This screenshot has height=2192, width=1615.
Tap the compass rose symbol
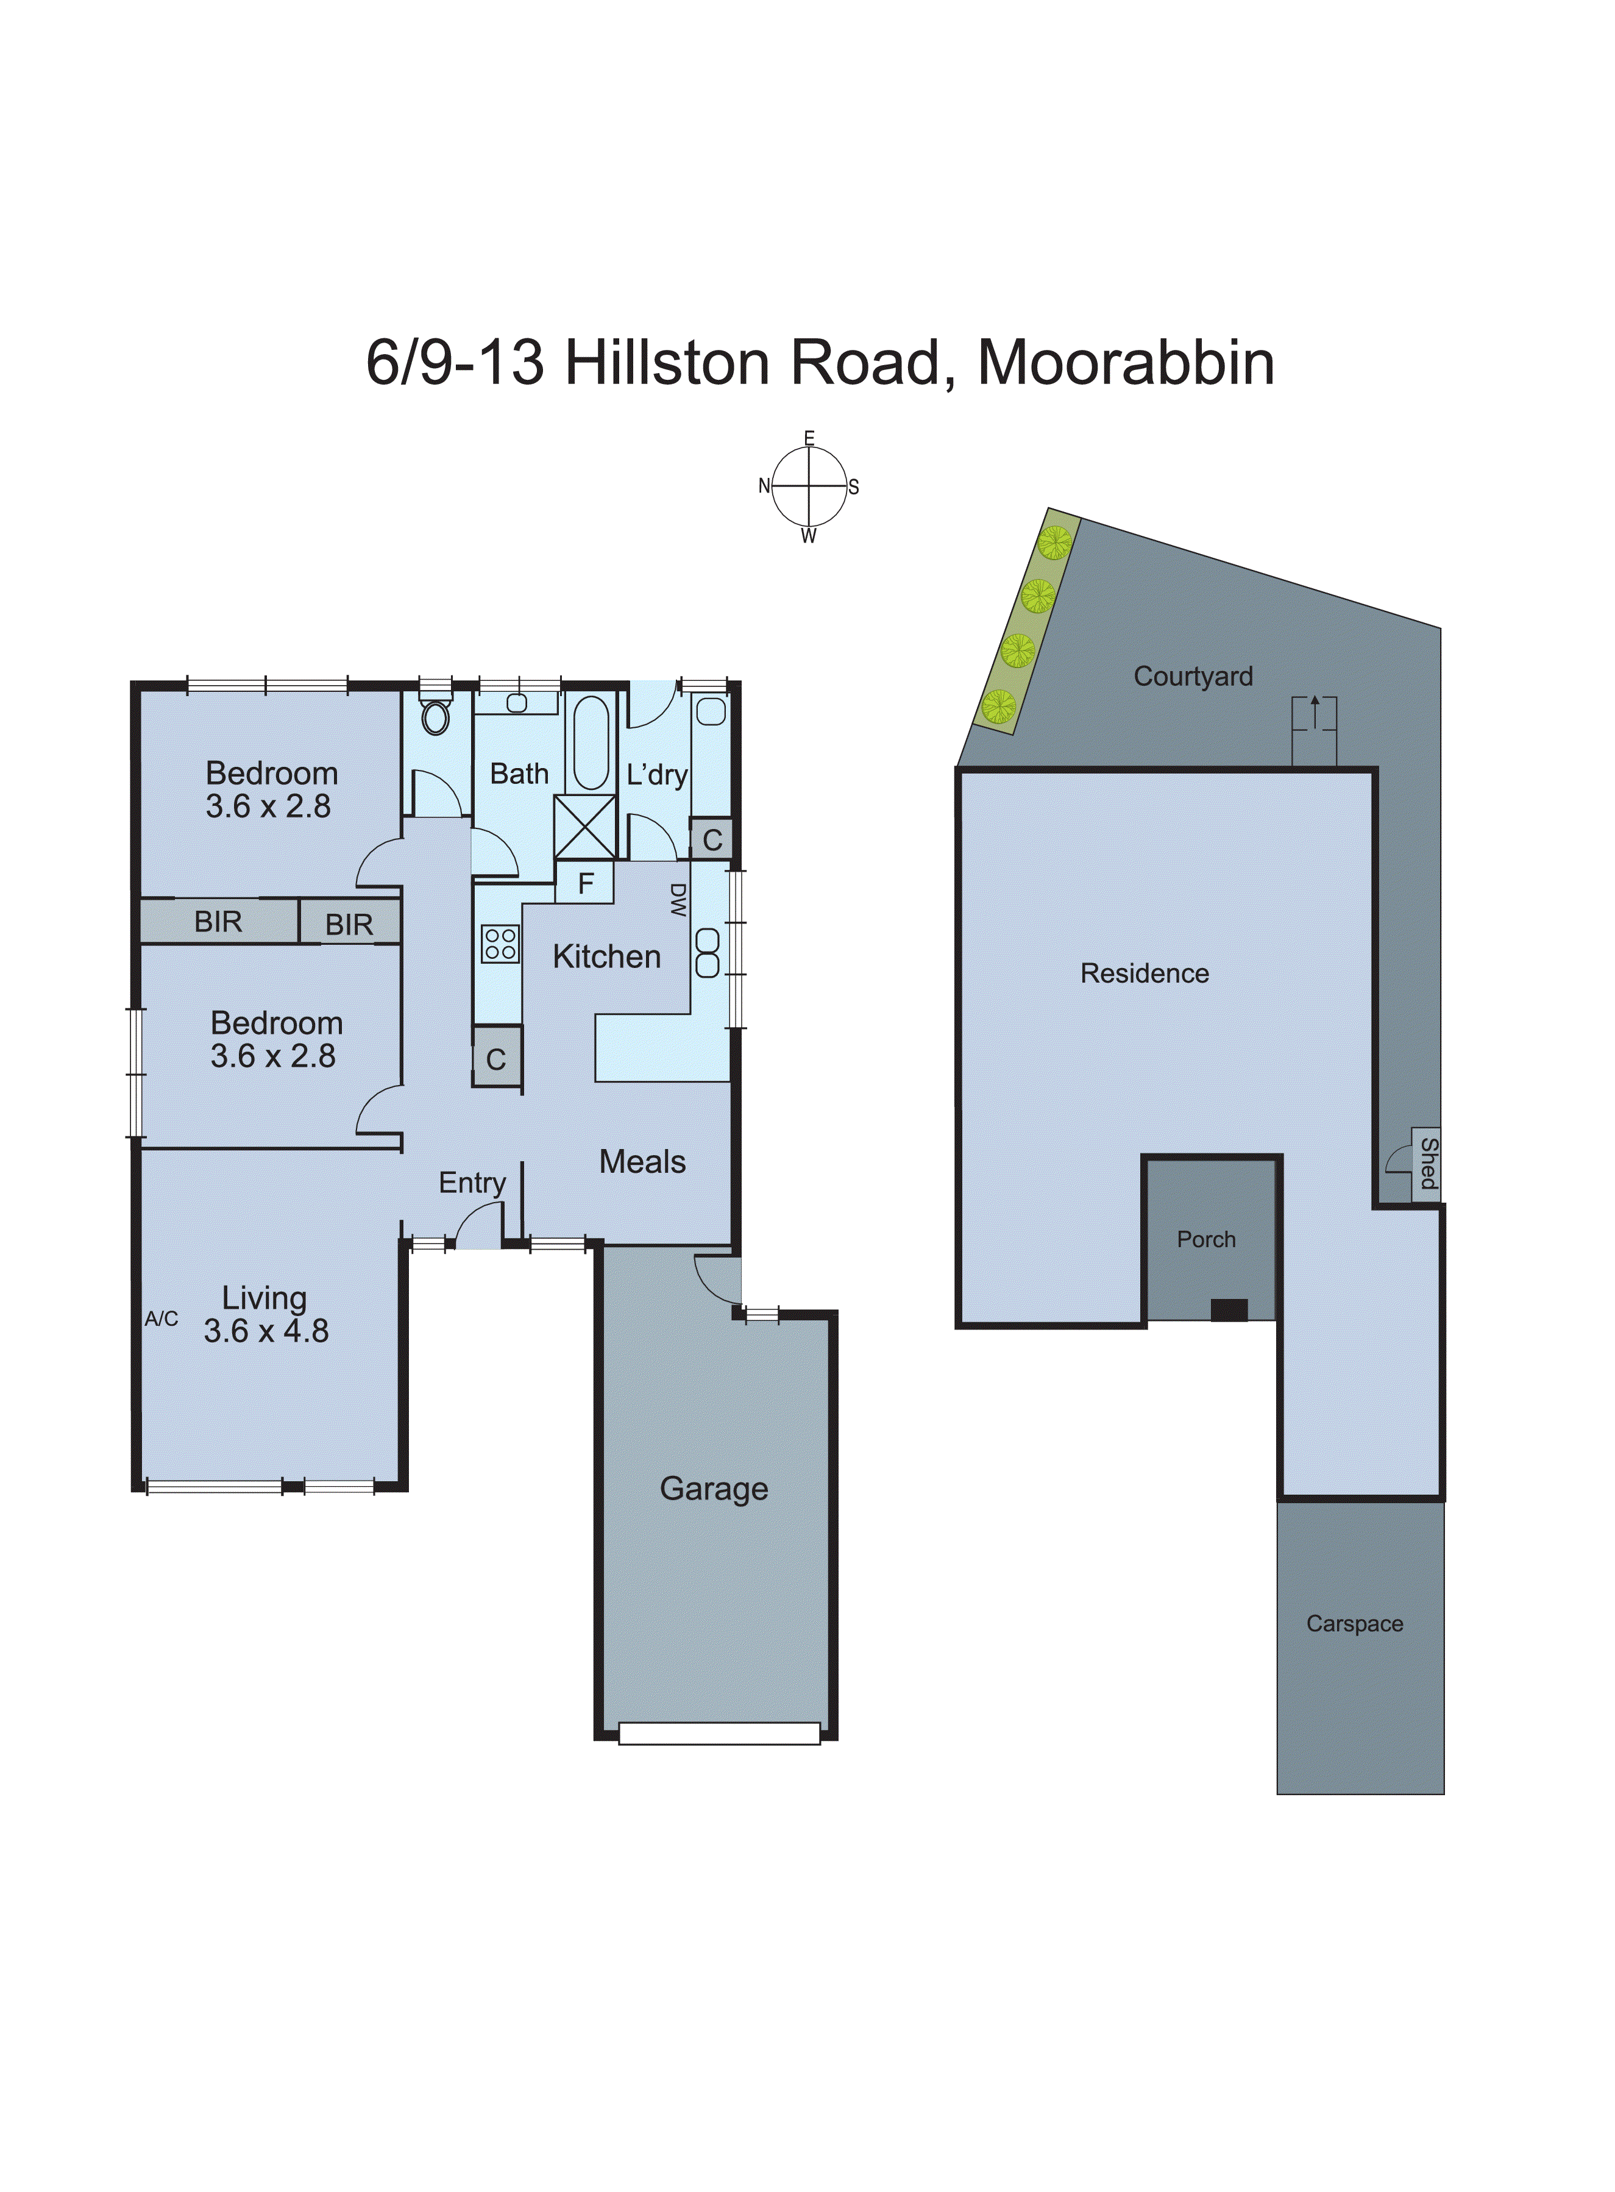click(809, 486)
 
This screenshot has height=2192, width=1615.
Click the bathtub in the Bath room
click(591, 741)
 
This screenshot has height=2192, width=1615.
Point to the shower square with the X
click(584, 827)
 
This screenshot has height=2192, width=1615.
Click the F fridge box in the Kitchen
click(584, 883)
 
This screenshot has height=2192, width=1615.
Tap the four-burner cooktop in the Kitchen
click(500, 944)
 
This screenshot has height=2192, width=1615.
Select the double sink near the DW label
click(707, 953)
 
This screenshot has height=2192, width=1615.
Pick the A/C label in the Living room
click(161, 1319)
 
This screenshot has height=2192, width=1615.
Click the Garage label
click(714, 1487)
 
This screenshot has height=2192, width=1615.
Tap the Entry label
click(472, 1183)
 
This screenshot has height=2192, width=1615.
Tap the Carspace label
click(1354, 1623)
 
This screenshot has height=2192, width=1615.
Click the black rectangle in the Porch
click(1229, 1310)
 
